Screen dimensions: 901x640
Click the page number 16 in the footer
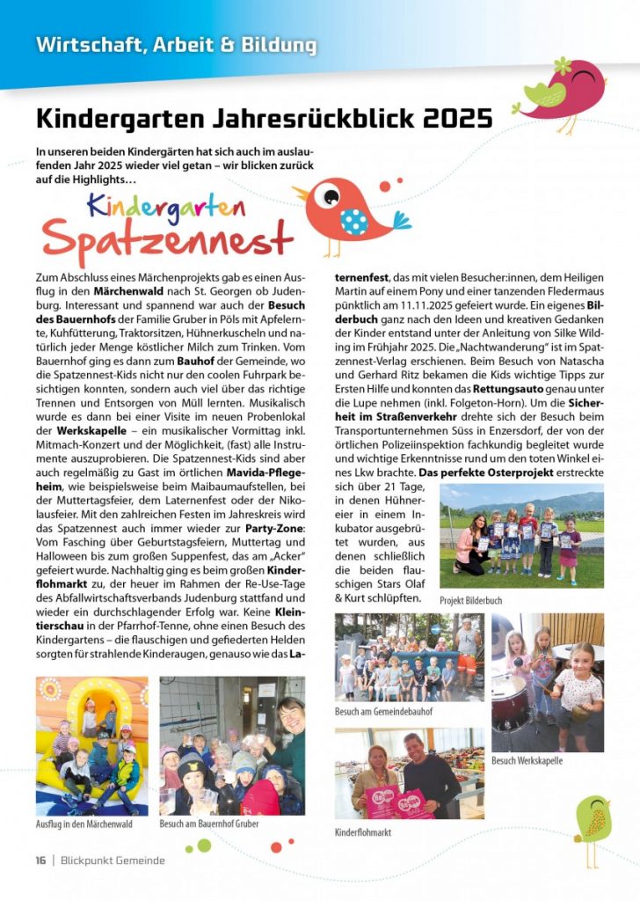40,860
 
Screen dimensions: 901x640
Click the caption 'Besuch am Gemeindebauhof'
383,711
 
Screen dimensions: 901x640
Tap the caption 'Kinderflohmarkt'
363,831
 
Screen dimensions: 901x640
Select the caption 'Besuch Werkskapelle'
527,760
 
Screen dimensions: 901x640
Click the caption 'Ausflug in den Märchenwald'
84,824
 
